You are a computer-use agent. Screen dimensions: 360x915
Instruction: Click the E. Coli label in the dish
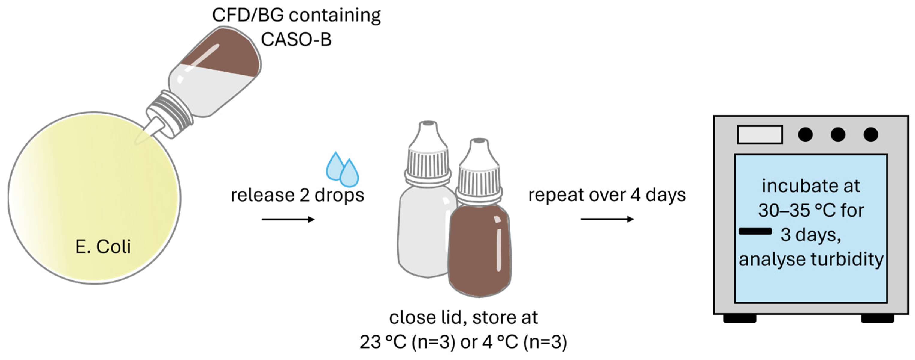click(103, 246)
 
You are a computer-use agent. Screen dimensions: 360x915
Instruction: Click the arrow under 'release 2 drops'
click(288, 220)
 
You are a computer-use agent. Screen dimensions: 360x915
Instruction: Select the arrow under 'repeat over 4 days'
click(607, 219)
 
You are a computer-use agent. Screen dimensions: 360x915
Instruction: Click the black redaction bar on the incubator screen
click(755, 232)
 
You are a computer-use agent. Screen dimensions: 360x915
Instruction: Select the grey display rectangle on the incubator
click(760, 134)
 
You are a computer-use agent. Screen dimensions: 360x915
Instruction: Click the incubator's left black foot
click(739, 318)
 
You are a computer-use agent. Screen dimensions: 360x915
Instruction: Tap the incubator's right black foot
click(877, 318)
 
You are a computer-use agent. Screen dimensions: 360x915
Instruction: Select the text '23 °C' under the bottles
click(382, 342)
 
